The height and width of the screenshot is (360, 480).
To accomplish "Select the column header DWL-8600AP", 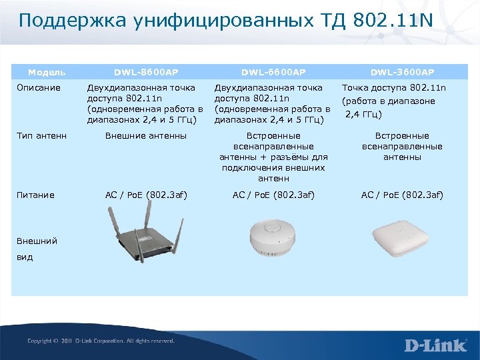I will [x=146, y=72].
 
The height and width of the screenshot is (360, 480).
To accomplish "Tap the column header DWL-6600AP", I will [x=273, y=72].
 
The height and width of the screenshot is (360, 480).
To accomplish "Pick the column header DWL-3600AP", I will [x=402, y=72].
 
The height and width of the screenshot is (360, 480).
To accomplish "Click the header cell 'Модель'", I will [x=46, y=72].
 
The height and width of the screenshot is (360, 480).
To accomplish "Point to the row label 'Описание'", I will [x=39, y=88].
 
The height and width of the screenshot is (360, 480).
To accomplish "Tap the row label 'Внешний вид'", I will [x=37, y=249].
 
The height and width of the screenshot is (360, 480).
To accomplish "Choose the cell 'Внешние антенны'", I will [x=146, y=137].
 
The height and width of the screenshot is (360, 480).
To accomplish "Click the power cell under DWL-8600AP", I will [x=146, y=195].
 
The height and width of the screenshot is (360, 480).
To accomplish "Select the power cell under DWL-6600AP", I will [x=273, y=195].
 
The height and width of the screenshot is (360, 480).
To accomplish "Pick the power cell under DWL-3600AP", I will [x=402, y=195].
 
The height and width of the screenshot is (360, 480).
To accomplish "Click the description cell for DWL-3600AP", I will [x=393, y=101].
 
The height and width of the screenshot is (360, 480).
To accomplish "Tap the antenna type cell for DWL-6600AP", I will [x=273, y=157].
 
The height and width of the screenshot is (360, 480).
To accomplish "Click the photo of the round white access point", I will [x=273, y=237].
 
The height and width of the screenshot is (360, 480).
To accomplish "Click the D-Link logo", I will [x=435, y=345].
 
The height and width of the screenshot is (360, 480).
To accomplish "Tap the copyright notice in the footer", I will [x=101, y=341].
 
